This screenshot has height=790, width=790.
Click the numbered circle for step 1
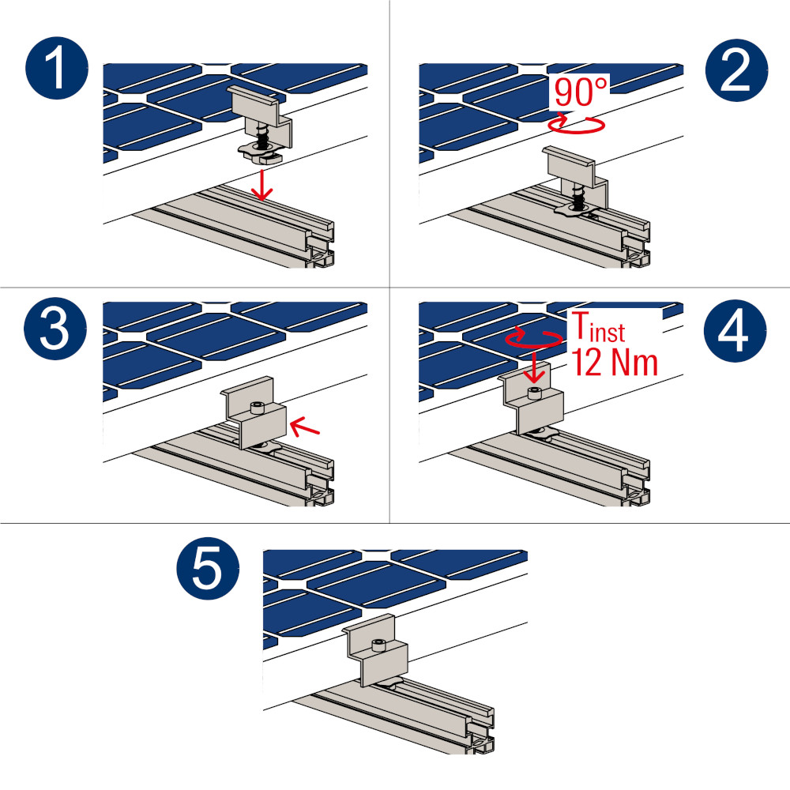57,68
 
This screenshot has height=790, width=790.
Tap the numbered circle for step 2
736,70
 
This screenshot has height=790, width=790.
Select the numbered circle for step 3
55,329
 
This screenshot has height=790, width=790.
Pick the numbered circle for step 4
735,330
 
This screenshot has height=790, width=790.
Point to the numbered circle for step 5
208,568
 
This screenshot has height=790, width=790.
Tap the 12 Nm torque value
615,363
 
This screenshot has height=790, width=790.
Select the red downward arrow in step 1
262,186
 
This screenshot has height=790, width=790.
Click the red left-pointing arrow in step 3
305,427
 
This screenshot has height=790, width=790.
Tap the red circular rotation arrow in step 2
576,125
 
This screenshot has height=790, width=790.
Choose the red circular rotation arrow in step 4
534,337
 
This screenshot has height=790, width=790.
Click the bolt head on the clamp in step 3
258,407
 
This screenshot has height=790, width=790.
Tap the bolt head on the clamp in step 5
378,645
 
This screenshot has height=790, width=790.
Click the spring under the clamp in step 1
261,137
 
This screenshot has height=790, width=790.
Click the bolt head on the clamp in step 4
535,393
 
